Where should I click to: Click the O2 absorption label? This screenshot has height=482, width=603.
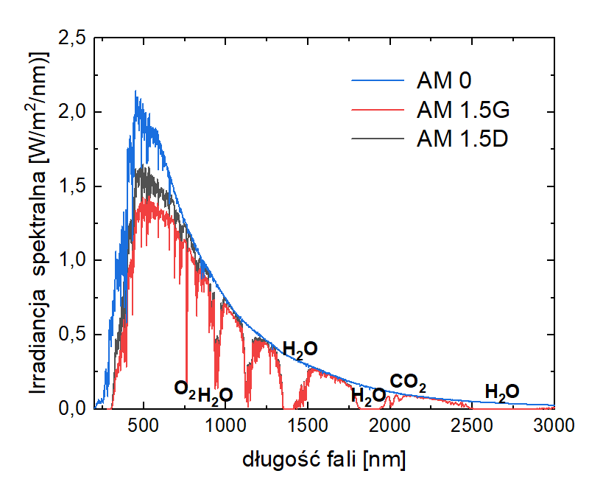(x=185, y=388)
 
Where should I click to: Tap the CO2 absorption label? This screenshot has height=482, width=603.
(x=408, y=382)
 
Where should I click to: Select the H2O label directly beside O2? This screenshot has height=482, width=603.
(x=216, y=395)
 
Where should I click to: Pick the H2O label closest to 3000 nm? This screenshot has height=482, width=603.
(x=502, y=391)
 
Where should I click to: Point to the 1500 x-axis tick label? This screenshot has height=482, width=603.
(x=308, y=426)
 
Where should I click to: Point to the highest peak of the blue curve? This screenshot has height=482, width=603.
(x=135, y=91)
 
